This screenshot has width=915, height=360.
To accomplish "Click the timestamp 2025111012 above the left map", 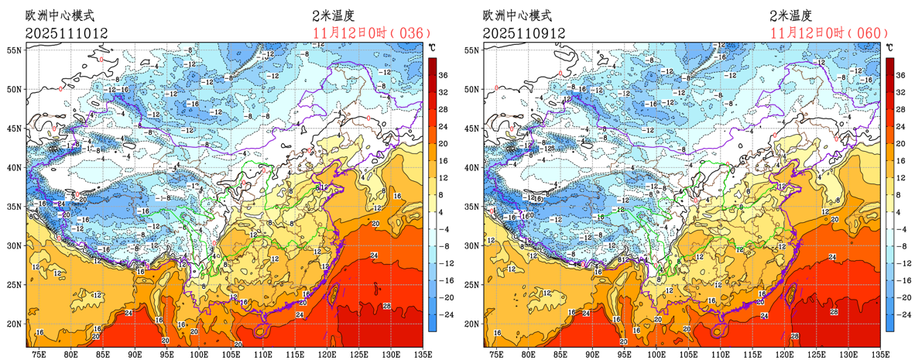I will tap(66, 33).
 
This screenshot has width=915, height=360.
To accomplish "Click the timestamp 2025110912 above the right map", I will tap(524, 33).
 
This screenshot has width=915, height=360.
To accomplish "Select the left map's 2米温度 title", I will tap(333, 15).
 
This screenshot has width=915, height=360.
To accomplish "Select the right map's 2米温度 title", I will tap(791, 15).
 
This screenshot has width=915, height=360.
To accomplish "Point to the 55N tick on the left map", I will tap(15, 50).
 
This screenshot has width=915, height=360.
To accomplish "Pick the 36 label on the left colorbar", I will tap(444, 76).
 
